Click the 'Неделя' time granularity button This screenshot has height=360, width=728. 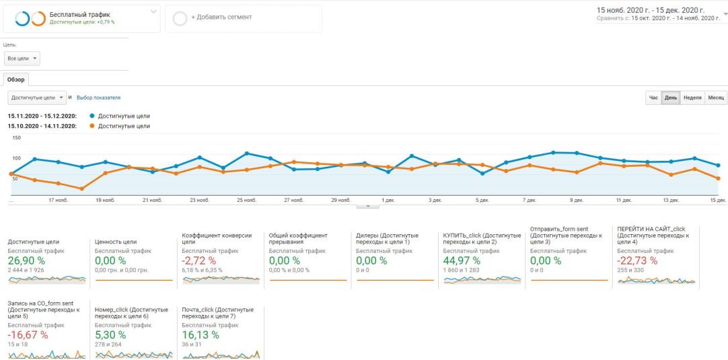tap(692, 98)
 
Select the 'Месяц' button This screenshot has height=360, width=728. tap(715, 98)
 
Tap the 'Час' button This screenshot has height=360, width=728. tap(653, 98)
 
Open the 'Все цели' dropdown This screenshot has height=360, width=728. tap(22, 59)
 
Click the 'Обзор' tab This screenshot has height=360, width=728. tap(15, 79)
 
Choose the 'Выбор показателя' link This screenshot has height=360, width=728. tap(98, 98)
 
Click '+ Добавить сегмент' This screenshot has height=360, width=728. tap(221, 17)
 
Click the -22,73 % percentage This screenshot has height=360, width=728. tap(637, 260)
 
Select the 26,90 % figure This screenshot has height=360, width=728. tap(26, 260)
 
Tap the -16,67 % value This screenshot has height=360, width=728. tap(28, 334)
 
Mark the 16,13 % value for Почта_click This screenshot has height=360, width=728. tap(200, 334)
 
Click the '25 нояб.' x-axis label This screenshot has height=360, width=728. tap(246, 201)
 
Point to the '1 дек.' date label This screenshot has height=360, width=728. tap(388, 201)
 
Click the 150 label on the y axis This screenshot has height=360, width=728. tap(17, 138)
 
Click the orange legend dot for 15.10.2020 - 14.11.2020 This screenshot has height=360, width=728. tap(92, 126)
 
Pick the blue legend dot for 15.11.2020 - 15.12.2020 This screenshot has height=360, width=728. tap(92, 116)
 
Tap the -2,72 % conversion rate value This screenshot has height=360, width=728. tap(198, 260)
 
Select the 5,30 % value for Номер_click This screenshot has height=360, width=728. tap(110, 334)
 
